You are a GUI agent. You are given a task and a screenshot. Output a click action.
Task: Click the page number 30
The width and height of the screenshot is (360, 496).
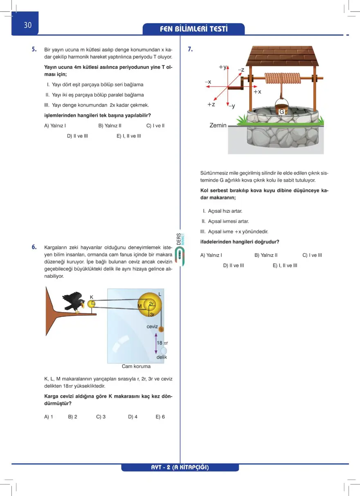(x=27, y=25)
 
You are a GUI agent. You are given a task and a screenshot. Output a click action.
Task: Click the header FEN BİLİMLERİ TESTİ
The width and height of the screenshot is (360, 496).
(x=193, y=29)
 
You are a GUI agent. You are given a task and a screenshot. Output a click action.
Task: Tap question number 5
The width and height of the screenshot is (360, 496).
(x=34, y=50)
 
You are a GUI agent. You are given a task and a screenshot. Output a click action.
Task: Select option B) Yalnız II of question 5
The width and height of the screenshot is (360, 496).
(x=110, y=126)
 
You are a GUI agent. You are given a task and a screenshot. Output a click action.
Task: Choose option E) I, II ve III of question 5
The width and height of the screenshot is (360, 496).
(x=128, y=136)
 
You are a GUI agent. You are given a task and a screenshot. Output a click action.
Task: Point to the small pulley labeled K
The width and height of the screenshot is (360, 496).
(x=91, y=304)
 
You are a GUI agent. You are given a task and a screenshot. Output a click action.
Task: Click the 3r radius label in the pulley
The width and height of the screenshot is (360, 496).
(x=152, y=314)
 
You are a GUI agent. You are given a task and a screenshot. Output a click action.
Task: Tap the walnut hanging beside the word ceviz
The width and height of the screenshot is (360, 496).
(x=161, y=329)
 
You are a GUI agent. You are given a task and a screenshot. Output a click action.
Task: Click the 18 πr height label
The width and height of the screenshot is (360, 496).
(x=162, y=343)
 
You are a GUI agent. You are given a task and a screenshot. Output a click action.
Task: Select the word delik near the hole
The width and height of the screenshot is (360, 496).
(x=162, y=357)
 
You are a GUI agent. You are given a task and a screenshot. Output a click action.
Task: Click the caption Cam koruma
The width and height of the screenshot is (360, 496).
(x=136, y=366)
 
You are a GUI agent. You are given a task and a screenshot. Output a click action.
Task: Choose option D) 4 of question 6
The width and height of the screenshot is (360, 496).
(x=133, y=417)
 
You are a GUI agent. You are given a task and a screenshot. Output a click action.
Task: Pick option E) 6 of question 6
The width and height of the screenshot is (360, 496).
(x=160, y=417)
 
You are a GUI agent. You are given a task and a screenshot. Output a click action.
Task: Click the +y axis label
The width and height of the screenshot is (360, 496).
(x=223, y=67)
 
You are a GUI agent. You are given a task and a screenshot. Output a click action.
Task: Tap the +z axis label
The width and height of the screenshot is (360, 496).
(x=211, y=105)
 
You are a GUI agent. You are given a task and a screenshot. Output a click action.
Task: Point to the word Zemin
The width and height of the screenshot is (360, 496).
(x=218, y=125)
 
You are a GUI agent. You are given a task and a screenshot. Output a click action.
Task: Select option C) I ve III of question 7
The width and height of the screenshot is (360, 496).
(x=312, y=255)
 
